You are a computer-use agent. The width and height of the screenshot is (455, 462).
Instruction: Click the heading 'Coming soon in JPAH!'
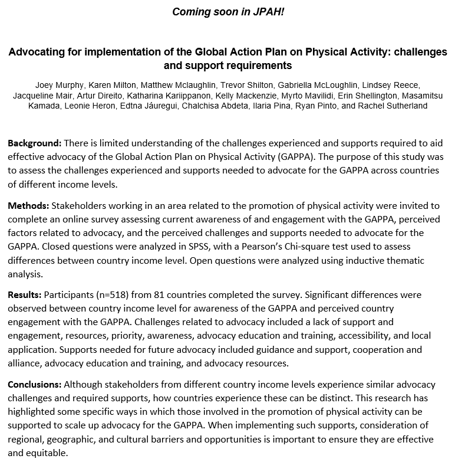[x=228, y=12]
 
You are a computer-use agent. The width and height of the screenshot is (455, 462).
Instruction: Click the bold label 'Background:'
[x=34, y=143]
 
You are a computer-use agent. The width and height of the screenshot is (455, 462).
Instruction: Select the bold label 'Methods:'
[x=29, y=205]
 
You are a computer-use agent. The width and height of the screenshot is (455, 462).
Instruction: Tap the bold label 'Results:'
[x=27, y=294]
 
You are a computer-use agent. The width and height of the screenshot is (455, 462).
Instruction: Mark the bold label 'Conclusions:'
[x=35, y=384]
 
